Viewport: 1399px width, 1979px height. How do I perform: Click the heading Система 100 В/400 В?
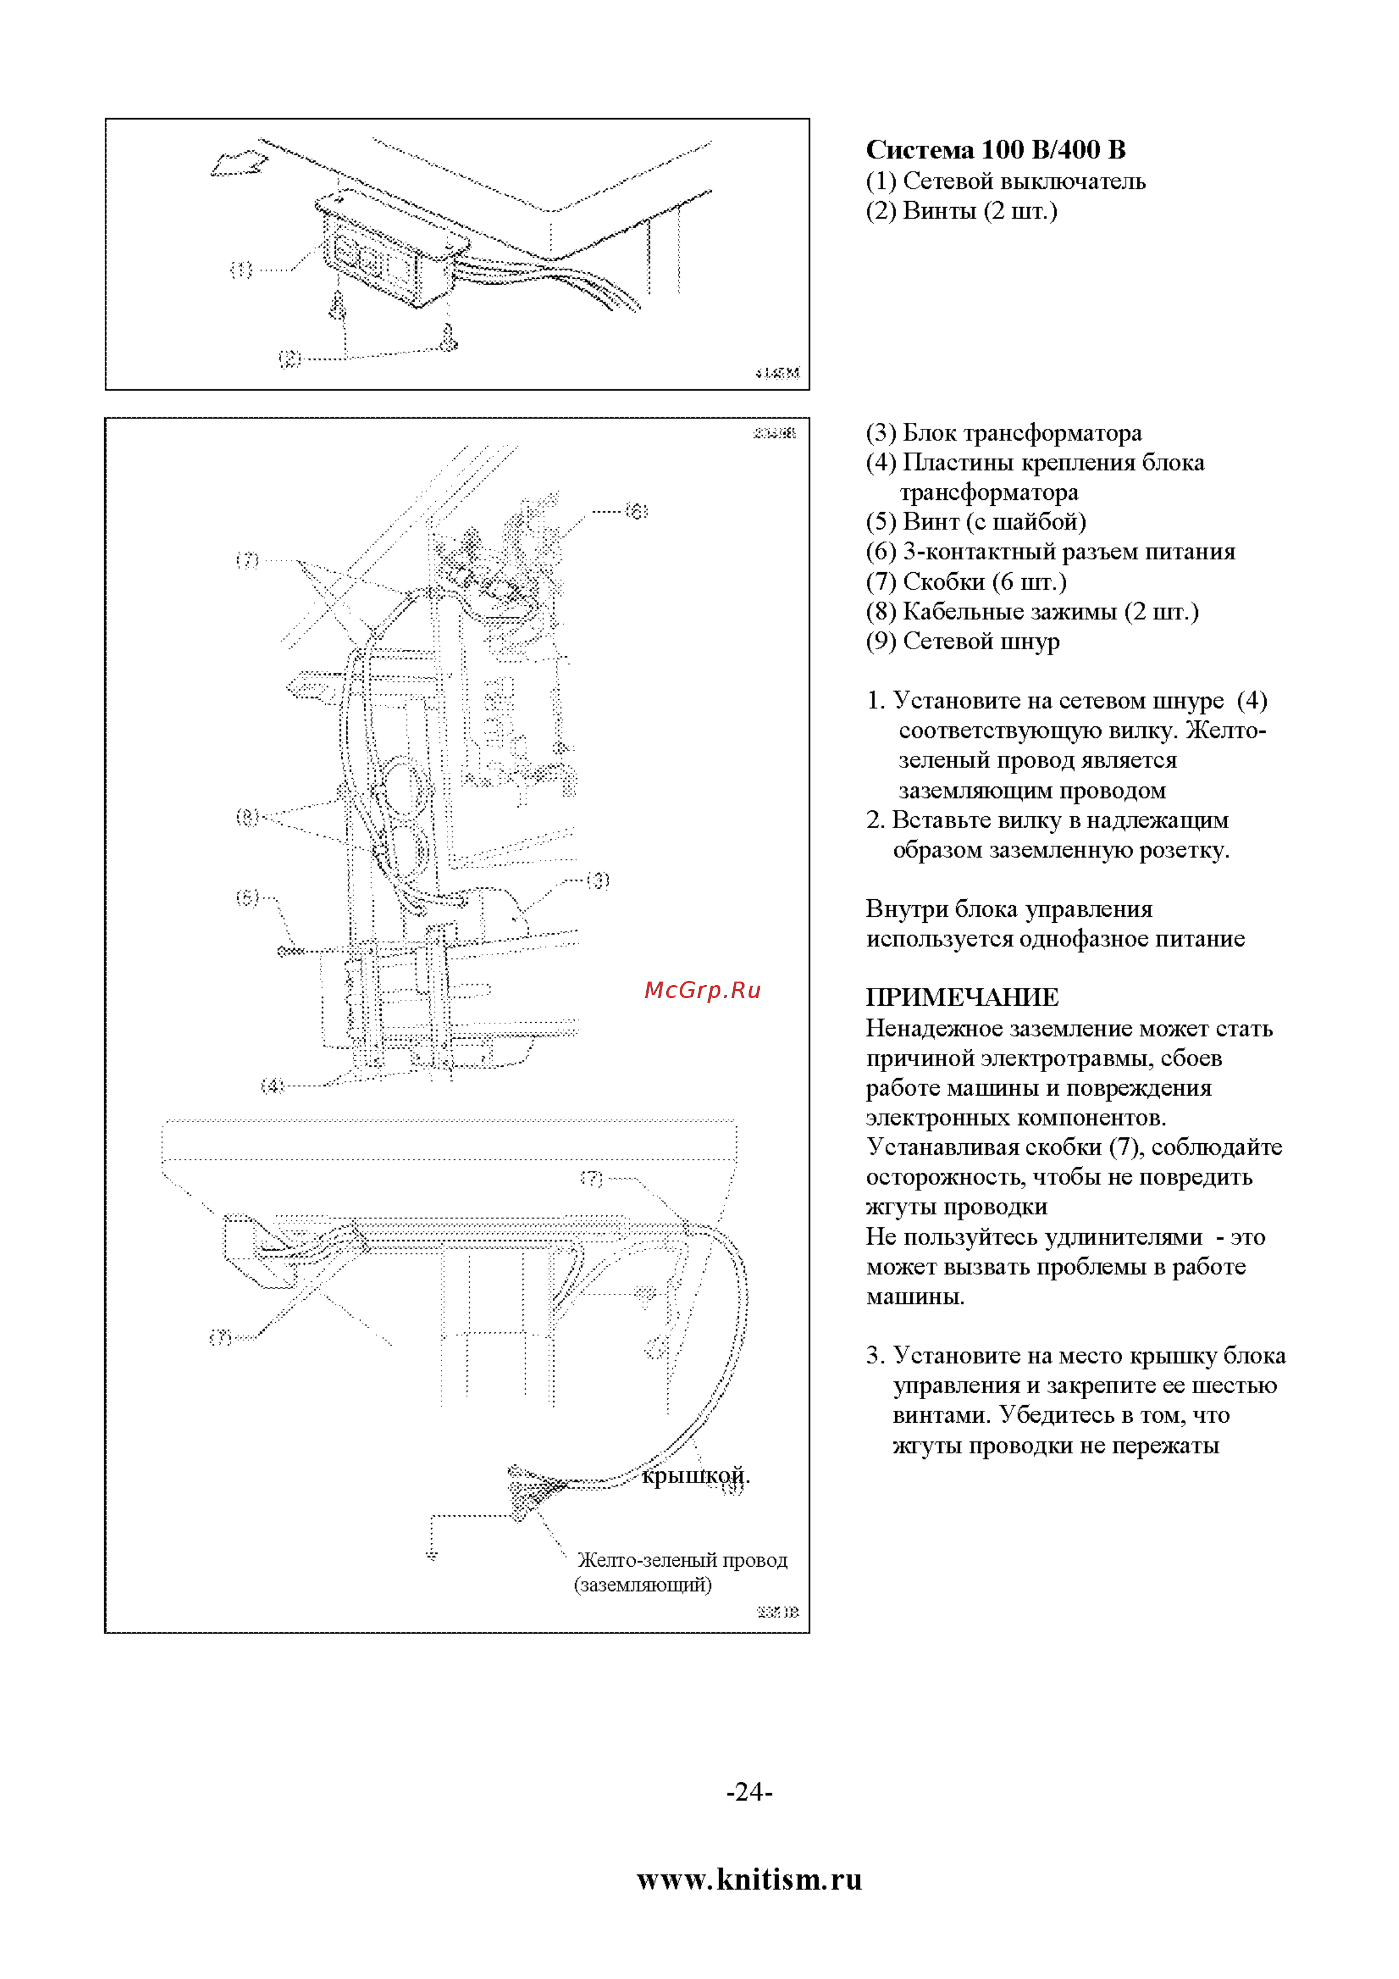[x=995, y=150]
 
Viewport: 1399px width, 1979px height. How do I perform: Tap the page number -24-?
[x=749, y=1792]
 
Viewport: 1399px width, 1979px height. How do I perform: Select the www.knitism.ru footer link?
[x=749, y=1879]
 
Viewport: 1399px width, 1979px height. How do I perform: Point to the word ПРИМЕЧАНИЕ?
[x=962, y=998]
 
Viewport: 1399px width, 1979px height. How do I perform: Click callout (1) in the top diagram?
[x=241, y=270]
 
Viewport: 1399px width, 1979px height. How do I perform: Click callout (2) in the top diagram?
[x=290, y=359]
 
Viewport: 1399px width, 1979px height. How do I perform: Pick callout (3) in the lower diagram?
[x=598, y=880]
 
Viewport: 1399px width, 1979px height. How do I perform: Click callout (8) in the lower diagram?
[x=248, y=816]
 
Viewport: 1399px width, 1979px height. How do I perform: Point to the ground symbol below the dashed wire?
[x=432, y=1555]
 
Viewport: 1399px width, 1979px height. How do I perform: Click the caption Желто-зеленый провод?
[x=682, y=1560]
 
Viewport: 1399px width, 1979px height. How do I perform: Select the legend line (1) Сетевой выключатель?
[x=1005, y=181]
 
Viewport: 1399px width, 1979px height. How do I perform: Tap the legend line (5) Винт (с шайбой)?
[x=975, y=522]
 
